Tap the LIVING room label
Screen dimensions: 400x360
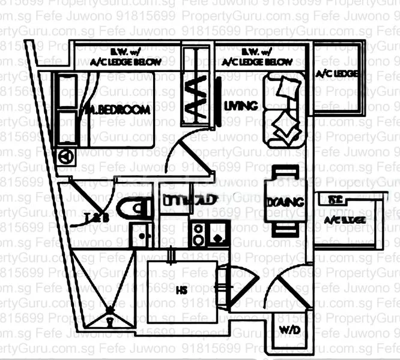(x=240, y=106)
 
